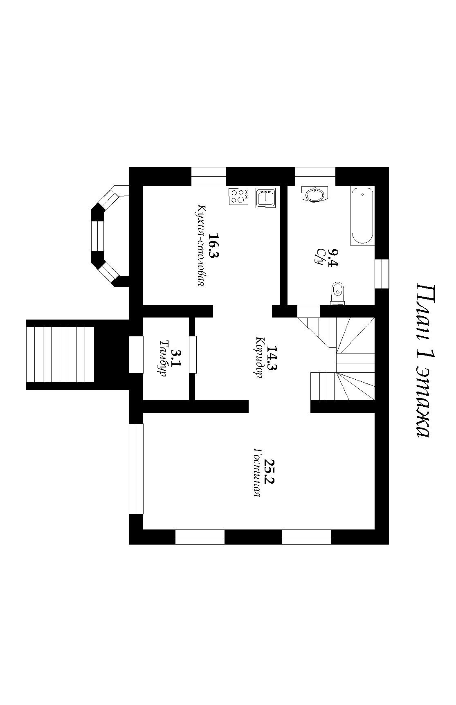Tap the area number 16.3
click(213, 246)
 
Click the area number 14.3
click(272, 358)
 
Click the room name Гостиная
click(257, 472)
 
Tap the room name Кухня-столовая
click(200, 246)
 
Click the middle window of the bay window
click(97, 236)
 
